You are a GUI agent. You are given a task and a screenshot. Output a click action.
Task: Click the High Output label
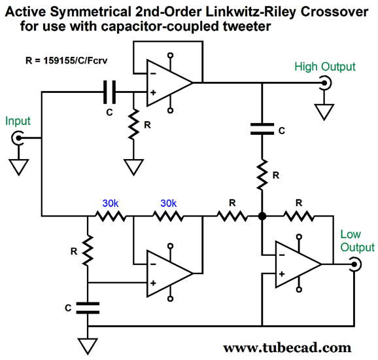[325, 67]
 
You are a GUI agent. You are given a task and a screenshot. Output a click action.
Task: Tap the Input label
[18, 121]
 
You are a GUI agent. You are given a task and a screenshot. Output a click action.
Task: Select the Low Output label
[357, 241]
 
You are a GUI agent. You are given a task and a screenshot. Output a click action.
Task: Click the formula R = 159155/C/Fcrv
[66, 61]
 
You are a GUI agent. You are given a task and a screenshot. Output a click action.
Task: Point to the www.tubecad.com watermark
[287, 348]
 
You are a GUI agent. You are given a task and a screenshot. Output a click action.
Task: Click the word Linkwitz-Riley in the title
[250, 12]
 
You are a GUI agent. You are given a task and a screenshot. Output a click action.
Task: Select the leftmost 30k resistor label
[111, 204]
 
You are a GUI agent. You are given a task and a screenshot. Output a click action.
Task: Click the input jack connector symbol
[18, 138]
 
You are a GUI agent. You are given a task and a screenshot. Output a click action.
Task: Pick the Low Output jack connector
[355, 264]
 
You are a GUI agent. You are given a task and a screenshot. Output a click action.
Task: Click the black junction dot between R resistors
[262, 216]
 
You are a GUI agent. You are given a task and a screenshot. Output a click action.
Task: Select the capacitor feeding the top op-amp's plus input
[109, 92]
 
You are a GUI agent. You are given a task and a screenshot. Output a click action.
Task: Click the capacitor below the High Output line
[262, 129]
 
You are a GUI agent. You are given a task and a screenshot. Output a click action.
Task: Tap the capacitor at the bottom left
[88, 308]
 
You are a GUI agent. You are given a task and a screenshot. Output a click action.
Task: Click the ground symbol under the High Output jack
[324, 112]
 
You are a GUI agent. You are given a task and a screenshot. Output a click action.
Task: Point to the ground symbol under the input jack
[18, 167]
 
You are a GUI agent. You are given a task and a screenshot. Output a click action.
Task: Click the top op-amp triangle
[170, 83]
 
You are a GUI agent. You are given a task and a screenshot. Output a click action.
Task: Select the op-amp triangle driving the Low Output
[298, 264]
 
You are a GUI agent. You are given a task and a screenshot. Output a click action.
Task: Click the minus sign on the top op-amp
[153, 73]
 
